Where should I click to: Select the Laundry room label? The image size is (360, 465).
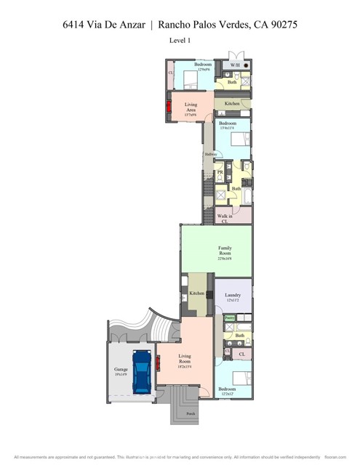233,296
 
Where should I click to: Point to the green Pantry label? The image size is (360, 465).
229,318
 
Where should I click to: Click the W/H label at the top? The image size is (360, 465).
235,65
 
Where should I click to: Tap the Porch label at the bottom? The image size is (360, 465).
191,414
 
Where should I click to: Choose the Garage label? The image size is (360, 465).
120,371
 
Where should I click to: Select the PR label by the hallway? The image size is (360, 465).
220,173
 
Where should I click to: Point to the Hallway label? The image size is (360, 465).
210,154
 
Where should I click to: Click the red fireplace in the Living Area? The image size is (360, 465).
169,108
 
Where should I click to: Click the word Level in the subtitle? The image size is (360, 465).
175,41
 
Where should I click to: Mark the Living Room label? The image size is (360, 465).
185,359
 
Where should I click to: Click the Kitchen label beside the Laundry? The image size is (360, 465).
196,293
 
